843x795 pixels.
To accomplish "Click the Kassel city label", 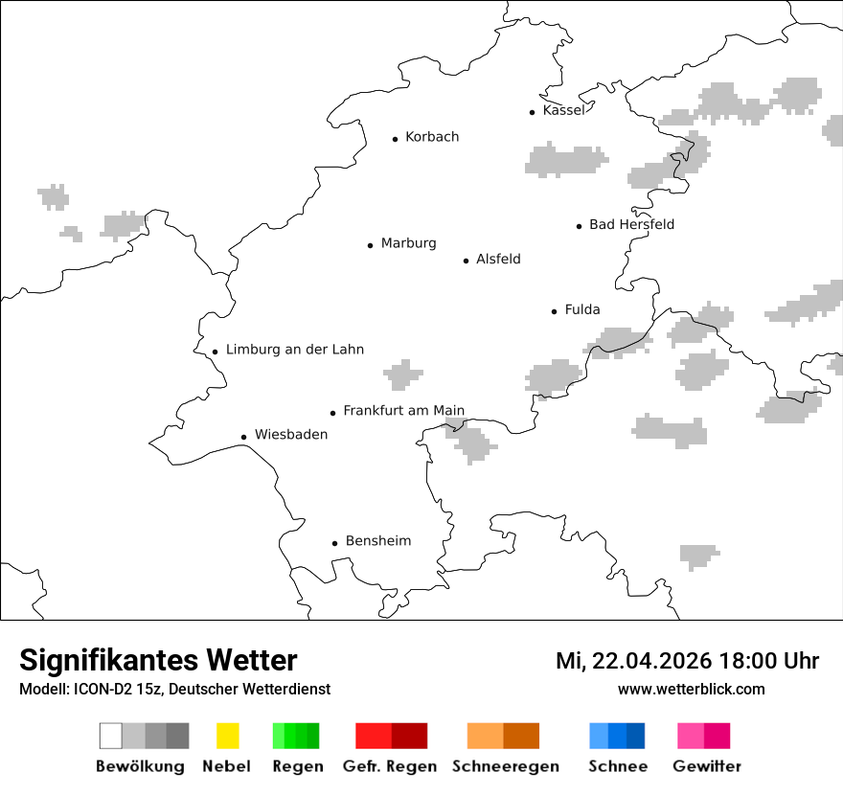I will [x=563, y=110].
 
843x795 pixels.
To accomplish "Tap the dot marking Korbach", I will [x=395, y=139].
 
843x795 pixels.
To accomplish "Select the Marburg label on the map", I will [x=408, y=243].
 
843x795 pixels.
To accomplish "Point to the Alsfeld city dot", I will [x=467, y=261].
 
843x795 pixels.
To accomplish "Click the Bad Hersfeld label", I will [x=631, y=224].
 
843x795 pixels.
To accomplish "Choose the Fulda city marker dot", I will [x=555, y=311].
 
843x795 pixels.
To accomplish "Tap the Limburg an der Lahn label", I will [x=295, y=350].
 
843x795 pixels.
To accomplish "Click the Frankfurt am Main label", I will [x=403, y=411].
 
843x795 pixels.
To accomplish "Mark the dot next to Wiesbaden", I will [x=244, y=437].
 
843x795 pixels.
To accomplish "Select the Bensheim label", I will [x=377, y=541].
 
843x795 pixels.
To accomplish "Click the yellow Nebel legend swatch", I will [x=227, y=736].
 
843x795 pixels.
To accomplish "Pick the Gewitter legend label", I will [x=706, y=766].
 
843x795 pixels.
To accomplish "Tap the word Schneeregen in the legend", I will [x=505, y=766].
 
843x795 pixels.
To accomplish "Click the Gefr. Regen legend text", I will [x=389, y=766].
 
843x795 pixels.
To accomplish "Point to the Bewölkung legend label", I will [x=140, y=766].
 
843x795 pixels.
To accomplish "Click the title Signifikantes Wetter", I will [x=158, y=661].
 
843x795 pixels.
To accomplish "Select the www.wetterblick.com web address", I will [x=691, y=689].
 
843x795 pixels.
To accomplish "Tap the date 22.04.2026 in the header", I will [x=651, y=661].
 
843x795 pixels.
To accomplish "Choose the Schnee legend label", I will [x=617, y=766].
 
